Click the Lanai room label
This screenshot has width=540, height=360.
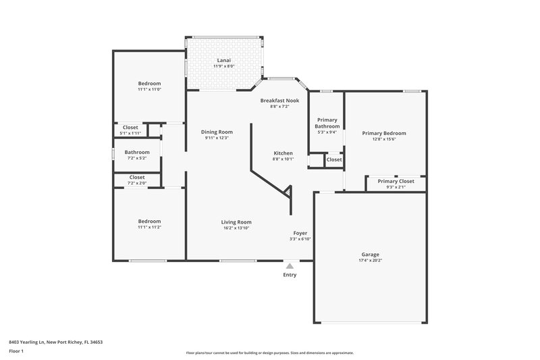pyautogui.click(x=223, y=59)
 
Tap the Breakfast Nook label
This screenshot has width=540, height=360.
pyautogui.click(x=279, y=100)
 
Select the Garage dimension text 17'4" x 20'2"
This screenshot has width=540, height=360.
pyautogui.click(x=370, y=260)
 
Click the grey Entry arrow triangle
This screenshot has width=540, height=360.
pyautogui.click(x=290, y=266)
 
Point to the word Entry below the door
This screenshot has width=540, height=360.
pyautogui.click(x=290, y=275)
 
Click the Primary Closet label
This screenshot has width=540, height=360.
pyautogui.click(x=396, y=181)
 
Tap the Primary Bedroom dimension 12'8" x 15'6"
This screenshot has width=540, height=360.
pyautogui.click(x=383, y=140)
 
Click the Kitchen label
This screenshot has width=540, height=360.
pyautogui.click(x=283, y=153)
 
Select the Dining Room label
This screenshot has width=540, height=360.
pyautogui.click(x=217, y=132)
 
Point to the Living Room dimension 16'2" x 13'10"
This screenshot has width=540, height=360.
pyautogui.click(x=236, y=228)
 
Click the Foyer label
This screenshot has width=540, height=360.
pyautogui.click(x=300, y=233)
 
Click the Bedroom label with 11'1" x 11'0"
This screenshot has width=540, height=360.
pyautogui.click(x=149, y=83)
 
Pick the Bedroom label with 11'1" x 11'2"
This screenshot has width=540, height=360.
pyautogui.click(x=149, y=221)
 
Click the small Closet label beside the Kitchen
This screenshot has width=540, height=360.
pyautogui.click(x=334, y=160)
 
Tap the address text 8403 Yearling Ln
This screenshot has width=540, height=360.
pyautogui.click(x=55, y=342)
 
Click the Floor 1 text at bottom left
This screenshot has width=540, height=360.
pyautogui.click(x=17, y=352)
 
